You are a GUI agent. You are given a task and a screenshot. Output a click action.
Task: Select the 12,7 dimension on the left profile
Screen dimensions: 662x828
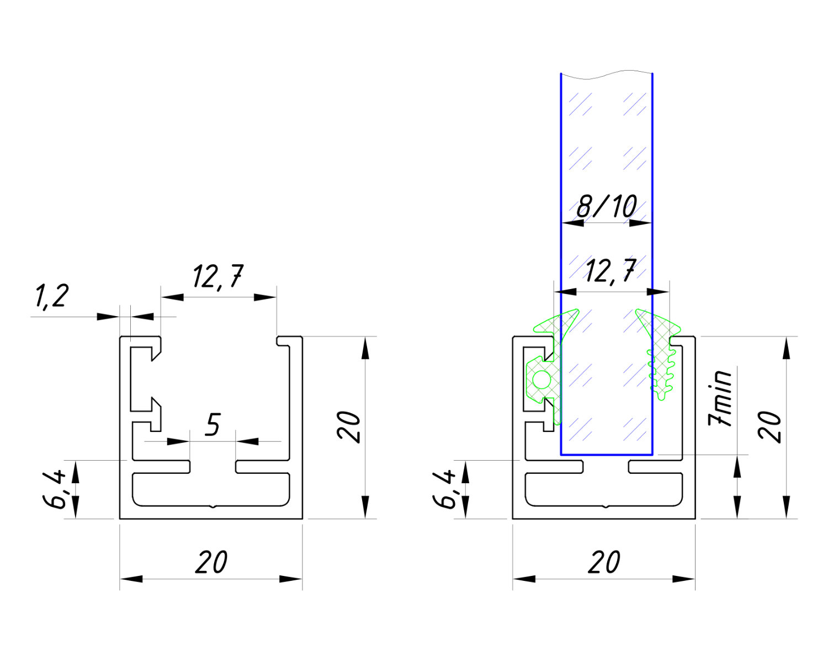click(x=218, y=276)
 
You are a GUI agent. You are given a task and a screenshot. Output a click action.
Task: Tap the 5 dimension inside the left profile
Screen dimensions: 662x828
click(x=213, y=425)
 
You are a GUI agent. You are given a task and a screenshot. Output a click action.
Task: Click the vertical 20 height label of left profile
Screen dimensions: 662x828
click(x=349, y=427)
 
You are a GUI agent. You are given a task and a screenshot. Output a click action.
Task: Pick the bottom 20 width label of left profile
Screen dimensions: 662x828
click(x=211, y=562)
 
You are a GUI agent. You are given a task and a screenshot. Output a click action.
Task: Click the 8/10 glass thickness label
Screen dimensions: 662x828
click(x=607, y=207)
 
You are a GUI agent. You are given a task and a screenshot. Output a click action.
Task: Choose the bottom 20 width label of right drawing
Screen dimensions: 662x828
click(x=604, y=562)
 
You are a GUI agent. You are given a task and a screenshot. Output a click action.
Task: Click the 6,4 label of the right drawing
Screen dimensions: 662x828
click(x=445, y=489)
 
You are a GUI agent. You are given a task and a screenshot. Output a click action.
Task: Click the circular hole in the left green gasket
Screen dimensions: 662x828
click(x=541, y=380)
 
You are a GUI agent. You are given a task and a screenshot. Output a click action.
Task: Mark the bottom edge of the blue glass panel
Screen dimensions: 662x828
click(x=607, y=455)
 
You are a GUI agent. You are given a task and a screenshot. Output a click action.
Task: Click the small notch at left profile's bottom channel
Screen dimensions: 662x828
click(x=213, y=505)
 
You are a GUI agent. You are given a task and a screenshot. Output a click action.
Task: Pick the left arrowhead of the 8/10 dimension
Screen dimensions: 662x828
click(x=572, y=223)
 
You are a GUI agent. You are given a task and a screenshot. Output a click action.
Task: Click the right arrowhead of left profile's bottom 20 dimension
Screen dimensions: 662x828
click(x=291, y=579)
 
